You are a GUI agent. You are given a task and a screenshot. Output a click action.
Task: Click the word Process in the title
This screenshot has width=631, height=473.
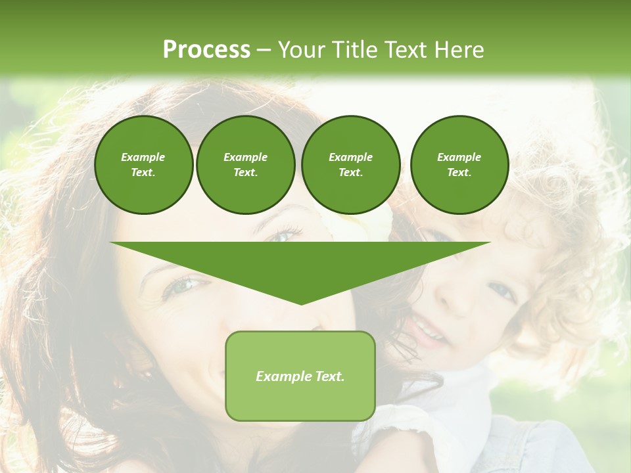click(206, 50)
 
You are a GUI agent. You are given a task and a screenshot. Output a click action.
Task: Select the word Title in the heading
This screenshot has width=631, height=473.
click(358, 50)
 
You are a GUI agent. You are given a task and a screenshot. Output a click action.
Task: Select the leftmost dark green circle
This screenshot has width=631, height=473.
click(143, 165)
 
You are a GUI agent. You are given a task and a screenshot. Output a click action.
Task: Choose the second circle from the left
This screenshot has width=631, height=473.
click(246, 165)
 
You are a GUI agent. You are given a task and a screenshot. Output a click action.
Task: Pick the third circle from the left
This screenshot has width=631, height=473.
click(350, 165)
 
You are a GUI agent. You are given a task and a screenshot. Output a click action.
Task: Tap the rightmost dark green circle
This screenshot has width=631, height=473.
click(459, 165)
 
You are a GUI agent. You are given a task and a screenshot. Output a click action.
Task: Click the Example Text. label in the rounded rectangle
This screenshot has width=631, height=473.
click(300, 376)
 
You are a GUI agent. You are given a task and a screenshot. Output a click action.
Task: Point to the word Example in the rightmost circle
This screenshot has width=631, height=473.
click(459, 157)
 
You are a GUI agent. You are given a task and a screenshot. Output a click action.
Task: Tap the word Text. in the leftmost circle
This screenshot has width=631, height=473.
click(143, 173)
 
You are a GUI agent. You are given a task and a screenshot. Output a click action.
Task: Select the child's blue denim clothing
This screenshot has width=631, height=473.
click(539, 447)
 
